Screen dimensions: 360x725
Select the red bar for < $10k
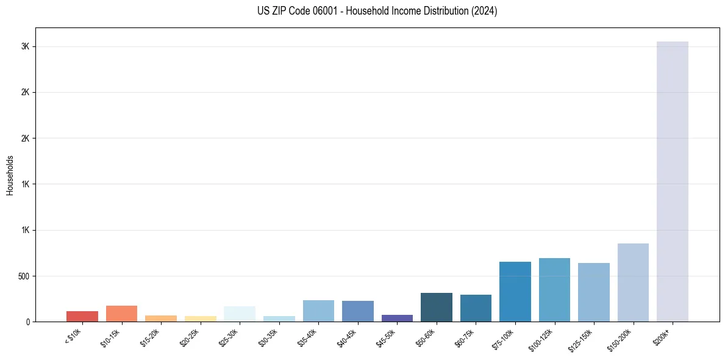[82, 317]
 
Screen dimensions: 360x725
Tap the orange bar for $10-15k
[121, 314]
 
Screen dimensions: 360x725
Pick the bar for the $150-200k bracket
[633, 283]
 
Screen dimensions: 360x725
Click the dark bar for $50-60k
[437, 307]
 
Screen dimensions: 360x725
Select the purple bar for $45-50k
[397, 318]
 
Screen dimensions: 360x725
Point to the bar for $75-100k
[515, 292]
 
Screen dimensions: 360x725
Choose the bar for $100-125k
[554, 290]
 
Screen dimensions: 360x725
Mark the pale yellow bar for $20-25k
[201, 319]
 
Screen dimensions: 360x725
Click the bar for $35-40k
[318, 311]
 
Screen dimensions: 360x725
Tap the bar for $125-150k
[594, 292]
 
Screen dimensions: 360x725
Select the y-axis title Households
[10, 175]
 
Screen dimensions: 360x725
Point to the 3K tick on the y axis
[25, 47]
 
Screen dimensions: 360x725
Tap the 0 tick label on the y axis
[28, 322]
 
